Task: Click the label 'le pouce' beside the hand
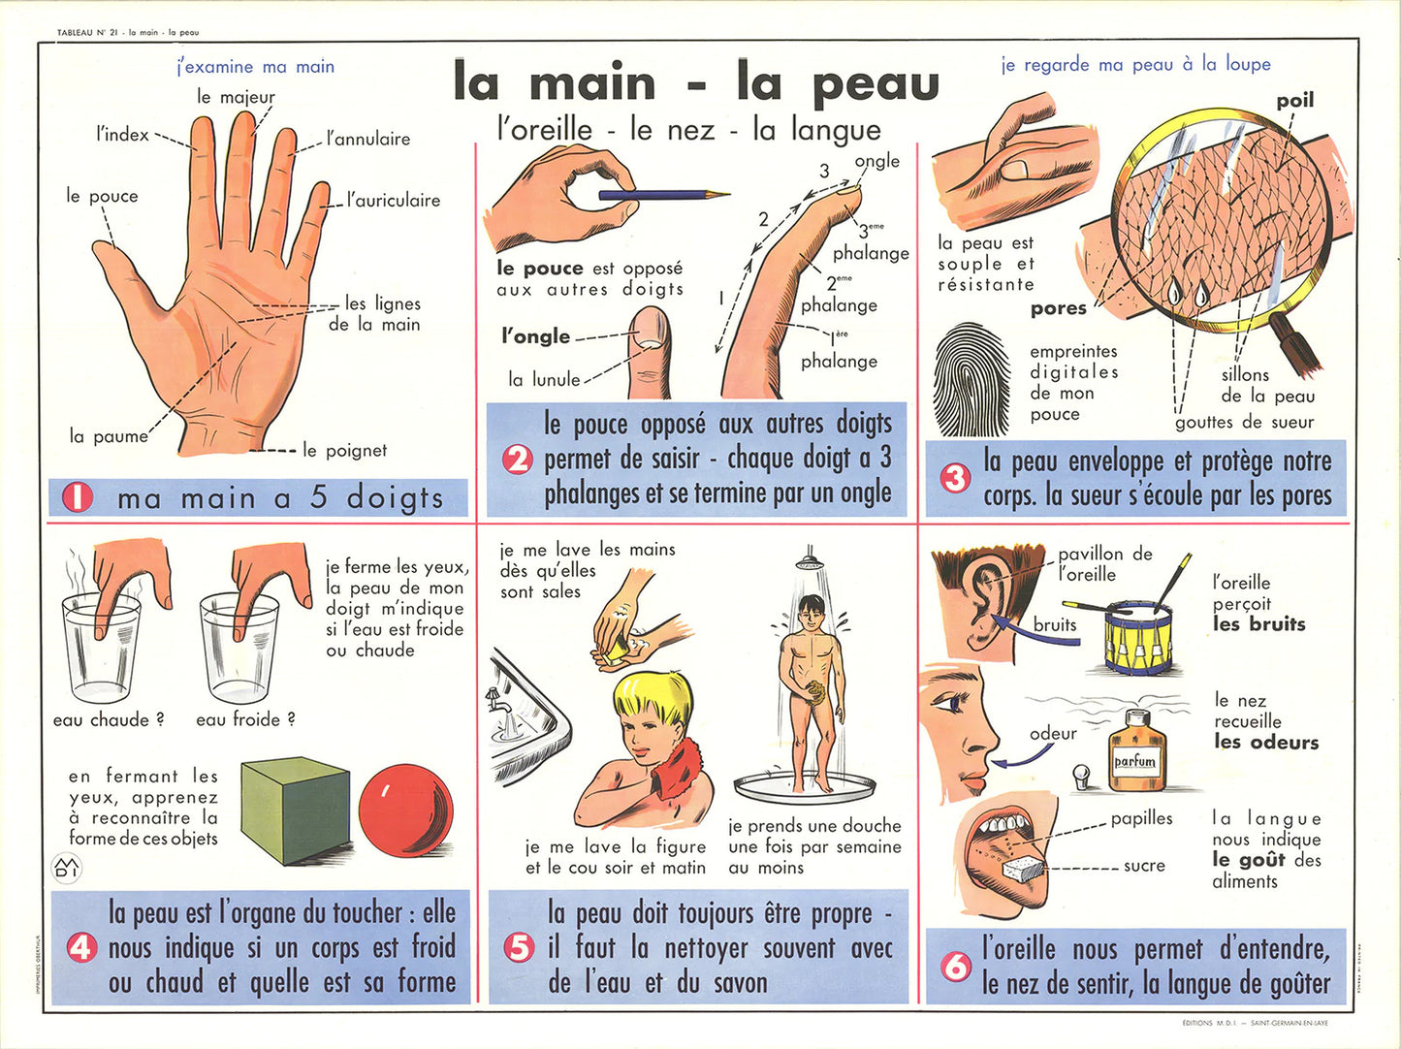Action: coord(102,196)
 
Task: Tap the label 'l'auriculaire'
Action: coord(394,201)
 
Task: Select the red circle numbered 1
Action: coord(78,498)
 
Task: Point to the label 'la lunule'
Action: coord(545,380)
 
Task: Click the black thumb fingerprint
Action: coord(971,379)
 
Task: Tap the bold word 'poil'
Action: coord(1295,101)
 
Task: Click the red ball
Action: coord(405,811)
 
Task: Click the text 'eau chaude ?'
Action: coord(109,719)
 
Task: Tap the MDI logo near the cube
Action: coord(66,869)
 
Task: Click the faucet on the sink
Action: coord(496,700)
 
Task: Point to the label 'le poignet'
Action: coord(344,451)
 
